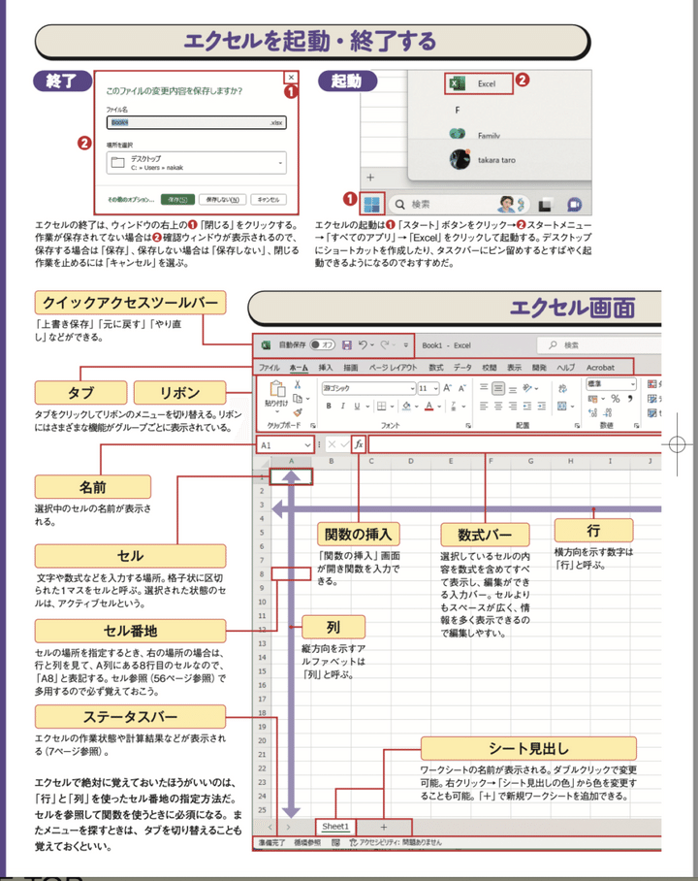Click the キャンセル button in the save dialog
(266, 199)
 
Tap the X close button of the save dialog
(289, 78)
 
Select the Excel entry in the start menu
(472, 84)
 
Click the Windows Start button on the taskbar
(371, 204)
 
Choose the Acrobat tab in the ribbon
(600, 368)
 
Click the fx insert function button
(359, 443)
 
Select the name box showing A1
(284, 443)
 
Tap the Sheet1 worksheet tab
(334, 825)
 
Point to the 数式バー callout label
(484, 534)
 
